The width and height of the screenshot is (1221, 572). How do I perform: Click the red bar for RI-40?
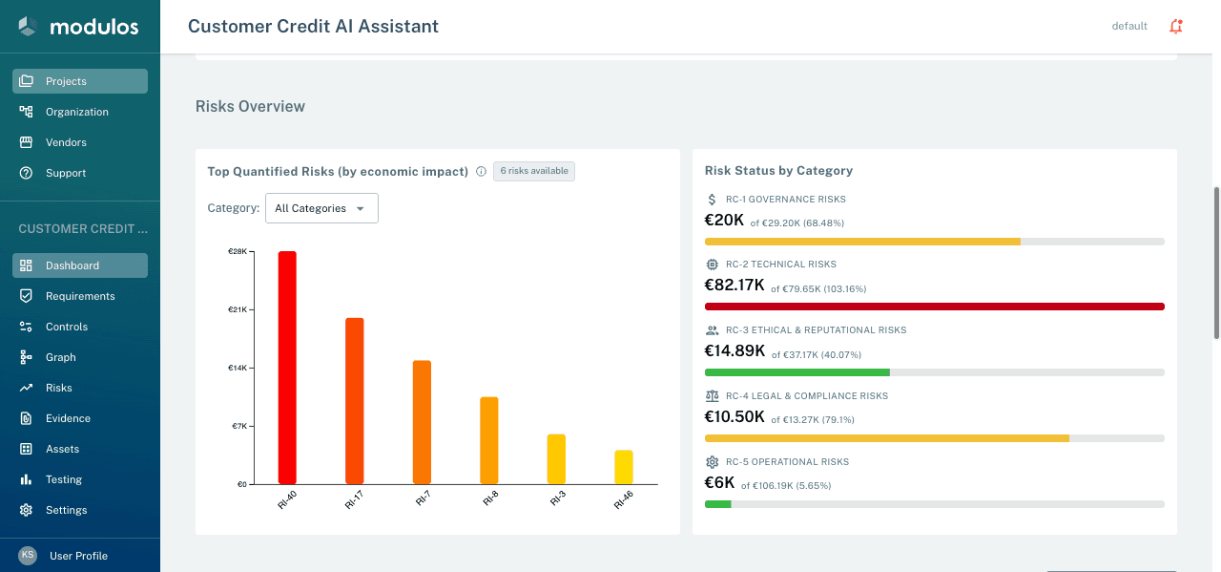(287, 368)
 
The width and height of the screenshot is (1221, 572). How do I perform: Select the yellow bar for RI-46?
(623, 467)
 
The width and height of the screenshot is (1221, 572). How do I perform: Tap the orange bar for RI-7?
(422, 422)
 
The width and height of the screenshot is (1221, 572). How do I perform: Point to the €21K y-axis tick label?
(237, 309)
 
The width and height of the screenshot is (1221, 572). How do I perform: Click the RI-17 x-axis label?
(353, 500)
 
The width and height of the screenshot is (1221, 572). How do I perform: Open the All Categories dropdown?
(321, 208)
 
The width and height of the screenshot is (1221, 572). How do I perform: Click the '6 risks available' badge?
(533, 171)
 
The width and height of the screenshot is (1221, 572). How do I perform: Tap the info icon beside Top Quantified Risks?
(481, 172)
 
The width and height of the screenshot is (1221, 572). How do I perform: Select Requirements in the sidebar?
(80, 296)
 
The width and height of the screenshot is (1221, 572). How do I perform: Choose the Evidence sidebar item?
(68, 418)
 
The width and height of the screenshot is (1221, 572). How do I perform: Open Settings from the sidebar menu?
(66, 510)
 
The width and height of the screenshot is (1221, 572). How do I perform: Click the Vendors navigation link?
(66, 142)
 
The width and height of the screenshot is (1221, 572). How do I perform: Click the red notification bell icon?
(1175, 27)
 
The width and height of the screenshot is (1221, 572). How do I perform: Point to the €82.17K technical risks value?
(735, 285)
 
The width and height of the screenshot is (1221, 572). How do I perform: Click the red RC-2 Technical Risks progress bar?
(934, 307)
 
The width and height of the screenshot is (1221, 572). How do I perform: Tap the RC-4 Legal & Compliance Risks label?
(806, 396)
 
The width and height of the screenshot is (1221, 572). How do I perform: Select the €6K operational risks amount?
(719, 482)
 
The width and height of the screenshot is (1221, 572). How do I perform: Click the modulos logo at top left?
(79, 27)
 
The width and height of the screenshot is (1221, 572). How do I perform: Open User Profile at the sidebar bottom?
(78, 556)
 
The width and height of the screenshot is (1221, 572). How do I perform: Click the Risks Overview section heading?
(250, 106)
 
